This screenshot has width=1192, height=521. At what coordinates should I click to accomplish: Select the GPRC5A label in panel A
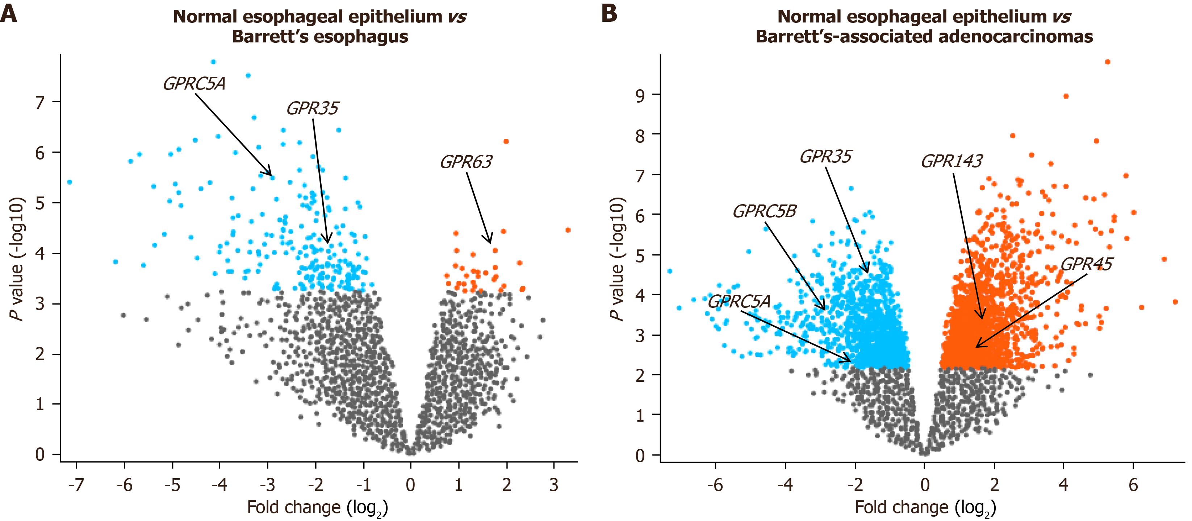coord(195,84)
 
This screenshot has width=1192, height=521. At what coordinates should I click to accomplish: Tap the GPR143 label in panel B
coord(951,161)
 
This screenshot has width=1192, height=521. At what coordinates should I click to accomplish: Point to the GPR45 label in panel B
coord(1086,264)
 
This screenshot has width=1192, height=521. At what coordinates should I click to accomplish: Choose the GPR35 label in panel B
coord(825,157)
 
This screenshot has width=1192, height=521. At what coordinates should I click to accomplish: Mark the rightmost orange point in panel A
coord(568,230)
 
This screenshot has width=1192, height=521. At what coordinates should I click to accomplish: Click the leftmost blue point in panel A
coord(70,182)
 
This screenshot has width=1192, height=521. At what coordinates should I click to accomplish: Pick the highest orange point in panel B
coord(1107,62)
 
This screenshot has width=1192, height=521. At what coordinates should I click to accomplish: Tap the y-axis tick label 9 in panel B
coord(640,96)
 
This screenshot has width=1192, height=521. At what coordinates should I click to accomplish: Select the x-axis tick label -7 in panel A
coord(76,485)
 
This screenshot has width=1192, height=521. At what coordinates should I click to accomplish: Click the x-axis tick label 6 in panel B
coord(1133,485)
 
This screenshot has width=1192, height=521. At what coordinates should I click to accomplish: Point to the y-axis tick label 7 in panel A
coord(40,102)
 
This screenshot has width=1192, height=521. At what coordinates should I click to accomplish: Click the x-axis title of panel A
coord(317,508)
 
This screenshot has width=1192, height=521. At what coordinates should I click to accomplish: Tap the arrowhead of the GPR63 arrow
coord(490,241)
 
